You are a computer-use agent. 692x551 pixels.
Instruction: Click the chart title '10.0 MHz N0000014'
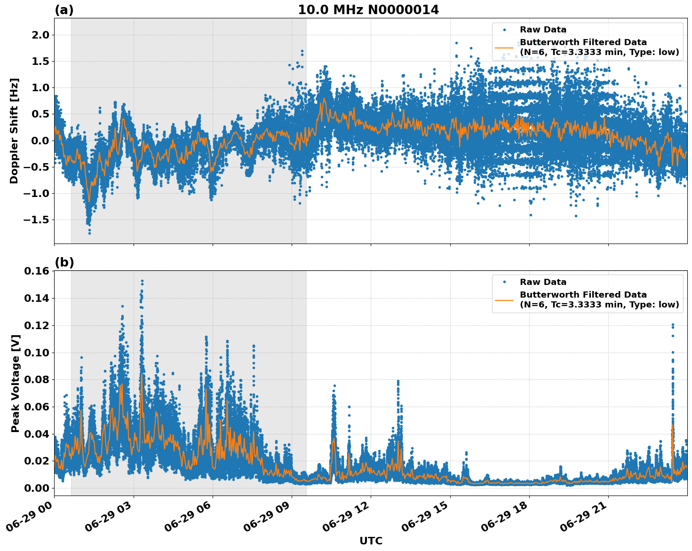tap(368, 10)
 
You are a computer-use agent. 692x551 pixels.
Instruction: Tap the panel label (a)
tap(64, 10)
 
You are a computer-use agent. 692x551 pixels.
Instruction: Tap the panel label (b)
tap(64, 262)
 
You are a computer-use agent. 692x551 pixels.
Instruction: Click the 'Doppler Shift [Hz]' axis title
tap(14, 131)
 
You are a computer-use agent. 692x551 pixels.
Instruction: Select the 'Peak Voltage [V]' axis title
tap(15, 383)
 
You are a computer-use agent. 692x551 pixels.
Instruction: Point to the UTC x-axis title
tap(371, 541)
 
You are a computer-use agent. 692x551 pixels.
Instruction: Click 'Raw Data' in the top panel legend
tap(543, 30)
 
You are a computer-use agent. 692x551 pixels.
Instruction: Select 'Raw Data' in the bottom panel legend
tap(543, 282)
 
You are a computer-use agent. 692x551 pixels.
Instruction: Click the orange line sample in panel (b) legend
tap(504, 300)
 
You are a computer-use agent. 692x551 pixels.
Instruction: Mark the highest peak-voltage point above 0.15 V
tap(142, 281)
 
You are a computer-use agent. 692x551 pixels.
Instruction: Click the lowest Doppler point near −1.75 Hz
tap(89, 233)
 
